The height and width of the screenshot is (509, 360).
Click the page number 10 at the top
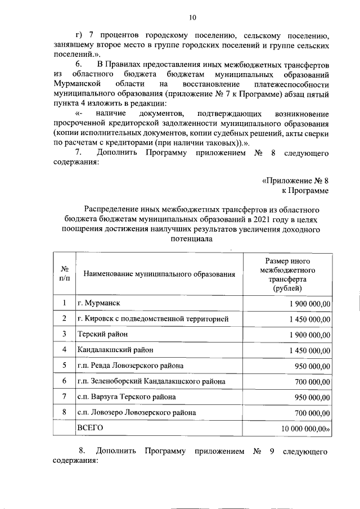click(x=192, y=17)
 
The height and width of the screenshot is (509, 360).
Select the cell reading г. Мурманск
click(x=99, y=303)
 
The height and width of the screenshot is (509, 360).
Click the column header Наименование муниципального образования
click(x=159, y=274)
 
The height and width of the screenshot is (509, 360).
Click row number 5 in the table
click(x=64, y=365)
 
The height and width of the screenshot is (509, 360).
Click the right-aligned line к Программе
click(x=304, y=191)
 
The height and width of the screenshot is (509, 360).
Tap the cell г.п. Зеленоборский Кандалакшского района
click(x=151, y=381)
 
